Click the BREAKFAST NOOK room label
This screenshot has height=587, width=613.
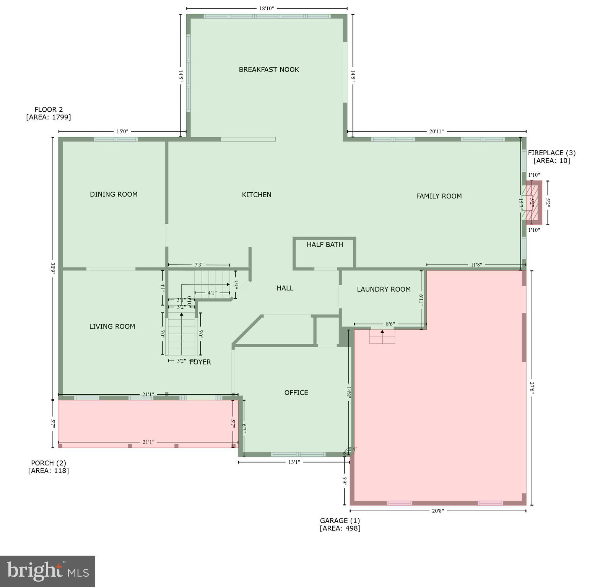click(269, 70)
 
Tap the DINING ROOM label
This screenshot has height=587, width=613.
click(114, 194)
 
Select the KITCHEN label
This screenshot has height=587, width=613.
click(257, 195)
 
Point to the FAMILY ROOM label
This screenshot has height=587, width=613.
click(439, 196)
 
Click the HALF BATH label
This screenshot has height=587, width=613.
click(325, 245)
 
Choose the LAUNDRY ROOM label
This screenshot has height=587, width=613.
click(384, 289)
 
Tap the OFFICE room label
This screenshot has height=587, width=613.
click(296, 393)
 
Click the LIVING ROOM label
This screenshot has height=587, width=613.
click(112, 327)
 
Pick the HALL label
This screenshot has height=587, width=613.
click(285, 288)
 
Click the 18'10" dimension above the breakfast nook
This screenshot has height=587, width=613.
click(267, 8)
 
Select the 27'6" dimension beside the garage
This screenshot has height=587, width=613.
click(532, 387)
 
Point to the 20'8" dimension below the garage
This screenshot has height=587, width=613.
click(437, 511)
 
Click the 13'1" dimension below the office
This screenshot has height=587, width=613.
click(294, 462)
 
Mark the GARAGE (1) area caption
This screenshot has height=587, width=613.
click(340, 524)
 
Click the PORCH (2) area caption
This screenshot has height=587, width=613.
click(49, 467)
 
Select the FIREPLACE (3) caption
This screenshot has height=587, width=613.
click(551, 156)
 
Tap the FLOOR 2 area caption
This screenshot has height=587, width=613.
click(49, 113)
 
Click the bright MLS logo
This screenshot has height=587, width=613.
click(47, 571)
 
